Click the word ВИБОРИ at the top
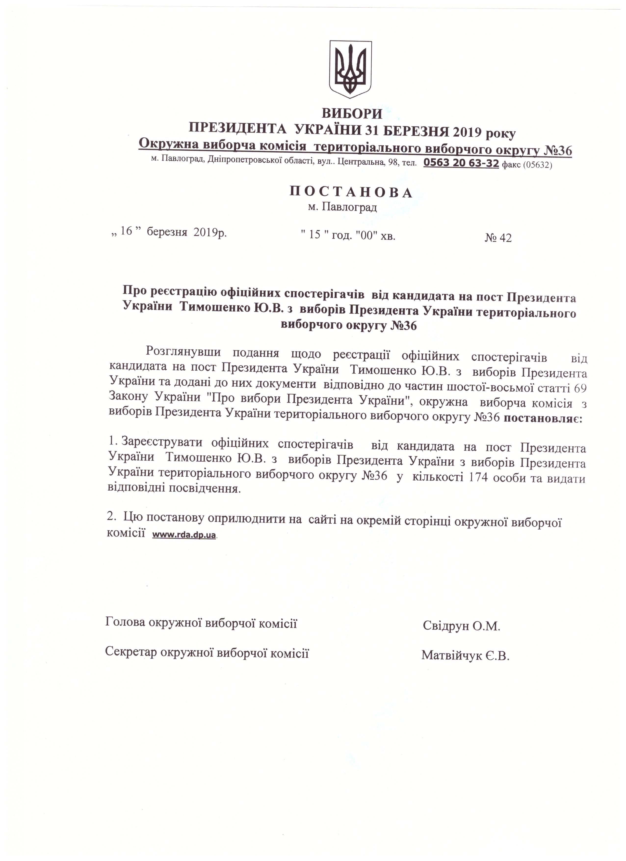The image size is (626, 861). point(352,113)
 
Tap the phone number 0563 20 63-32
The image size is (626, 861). point(461,163)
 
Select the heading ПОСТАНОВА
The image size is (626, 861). point(351,193)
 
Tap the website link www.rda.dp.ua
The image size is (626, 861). point(184,535)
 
